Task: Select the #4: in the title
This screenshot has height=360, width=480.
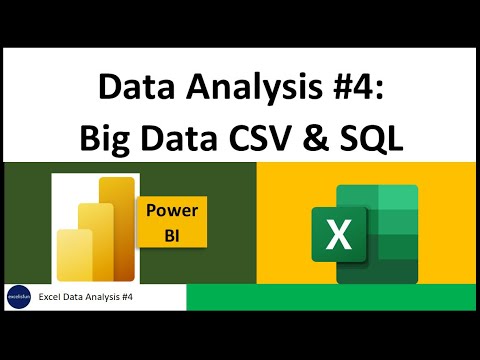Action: [x=358, y=90]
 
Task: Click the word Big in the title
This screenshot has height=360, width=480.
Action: [x=108, y=138]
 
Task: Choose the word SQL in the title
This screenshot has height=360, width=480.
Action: [x=380, y=138]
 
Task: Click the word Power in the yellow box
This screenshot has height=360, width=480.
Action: [x=171, y=211]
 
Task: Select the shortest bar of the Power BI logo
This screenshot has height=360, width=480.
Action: [x=73, y=255]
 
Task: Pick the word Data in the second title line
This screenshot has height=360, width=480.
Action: [x=180, y=138]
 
